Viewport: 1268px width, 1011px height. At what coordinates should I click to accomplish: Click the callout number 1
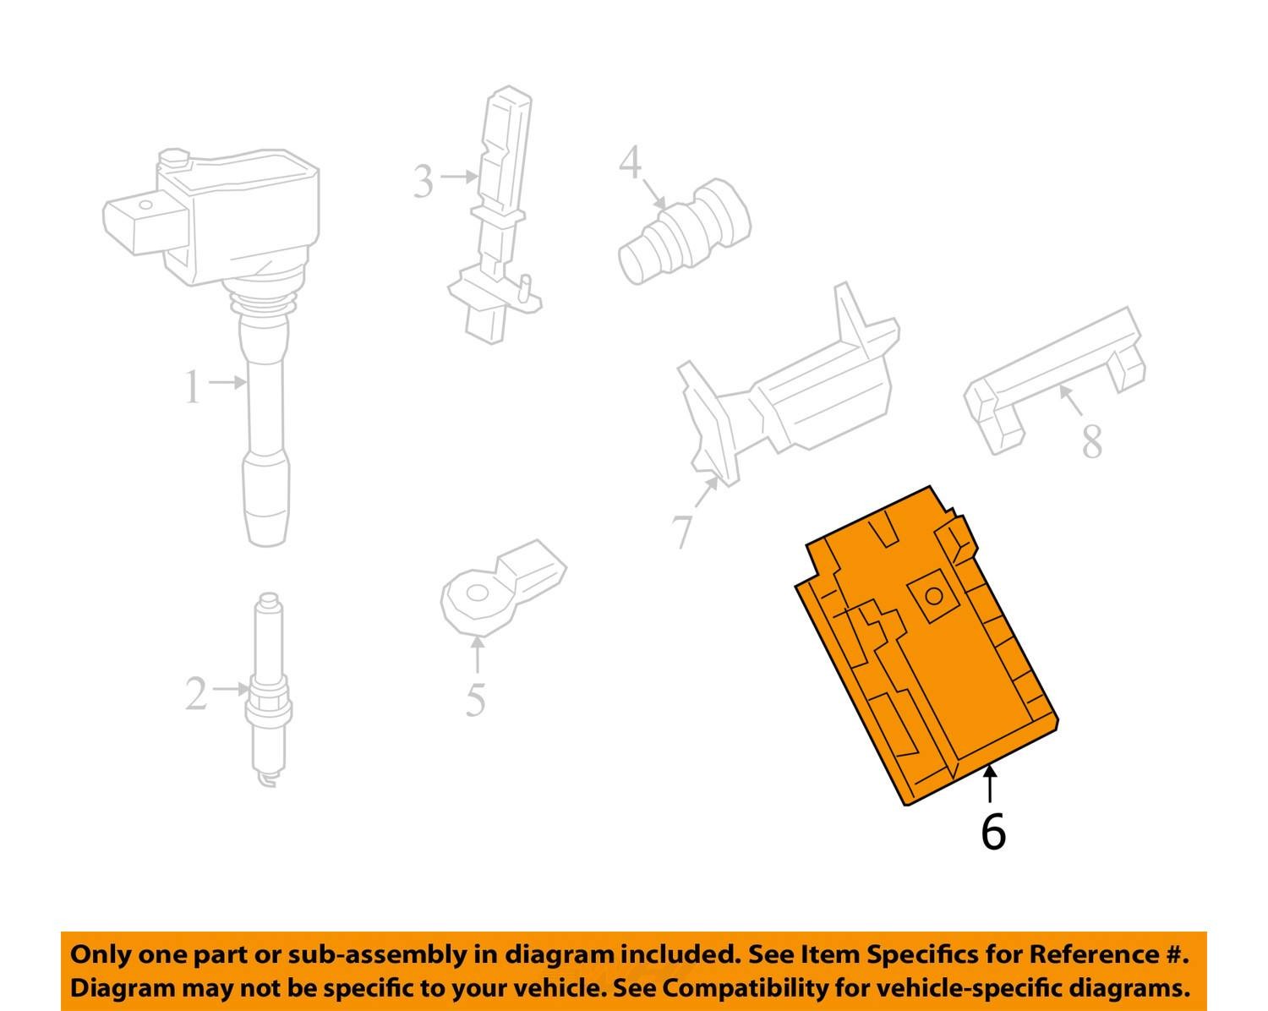coord(193,386)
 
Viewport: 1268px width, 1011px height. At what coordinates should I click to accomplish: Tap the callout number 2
coord(197,693)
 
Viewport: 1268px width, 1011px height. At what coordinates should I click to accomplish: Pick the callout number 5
coord(475,700)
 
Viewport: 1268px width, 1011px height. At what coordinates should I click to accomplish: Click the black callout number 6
coord(993,831)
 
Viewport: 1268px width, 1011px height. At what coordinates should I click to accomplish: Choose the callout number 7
coord(684,532)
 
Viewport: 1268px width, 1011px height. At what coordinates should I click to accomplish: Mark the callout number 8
coord(1092,441)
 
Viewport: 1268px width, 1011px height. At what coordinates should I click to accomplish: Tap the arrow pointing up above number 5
coord(478,656)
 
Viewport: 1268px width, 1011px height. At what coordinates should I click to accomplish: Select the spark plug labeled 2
coord(270,690)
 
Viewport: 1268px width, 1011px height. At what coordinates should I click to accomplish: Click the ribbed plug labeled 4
coord(685,232)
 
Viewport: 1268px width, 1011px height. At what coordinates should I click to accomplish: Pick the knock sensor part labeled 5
coord(503,588)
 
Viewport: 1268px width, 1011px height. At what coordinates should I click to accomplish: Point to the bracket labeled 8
coord(1054,380)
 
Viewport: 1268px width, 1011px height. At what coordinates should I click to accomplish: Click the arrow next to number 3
coord(459,176)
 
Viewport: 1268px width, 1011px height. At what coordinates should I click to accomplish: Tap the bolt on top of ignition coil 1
coord(175,158)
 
